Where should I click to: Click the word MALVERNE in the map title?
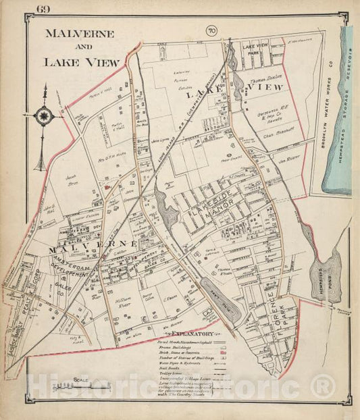coord(79,33)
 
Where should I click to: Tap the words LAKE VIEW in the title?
coord(81,61)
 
